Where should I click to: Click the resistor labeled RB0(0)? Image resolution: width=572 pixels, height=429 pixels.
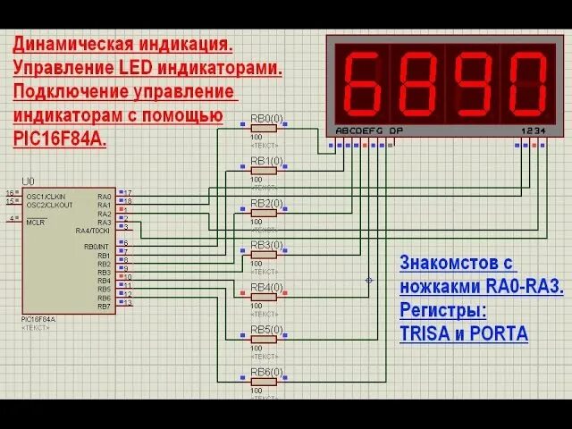264,128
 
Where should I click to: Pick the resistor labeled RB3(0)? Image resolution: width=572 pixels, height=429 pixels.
264,255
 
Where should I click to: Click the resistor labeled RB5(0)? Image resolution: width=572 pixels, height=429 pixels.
264,339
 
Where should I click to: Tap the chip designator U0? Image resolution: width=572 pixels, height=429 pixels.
29,181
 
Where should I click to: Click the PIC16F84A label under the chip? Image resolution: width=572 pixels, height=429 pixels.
38,319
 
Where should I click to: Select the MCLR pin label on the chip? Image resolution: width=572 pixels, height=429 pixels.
36,222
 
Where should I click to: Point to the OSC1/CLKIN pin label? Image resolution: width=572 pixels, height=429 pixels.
45,196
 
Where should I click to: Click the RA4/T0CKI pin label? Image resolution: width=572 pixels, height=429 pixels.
94,231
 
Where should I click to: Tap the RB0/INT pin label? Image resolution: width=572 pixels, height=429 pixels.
97,247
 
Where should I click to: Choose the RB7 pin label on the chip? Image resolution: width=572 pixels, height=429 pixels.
104,307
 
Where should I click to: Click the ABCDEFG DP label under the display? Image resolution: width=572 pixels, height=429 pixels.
369,130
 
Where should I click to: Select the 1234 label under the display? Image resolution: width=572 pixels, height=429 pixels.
531,130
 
